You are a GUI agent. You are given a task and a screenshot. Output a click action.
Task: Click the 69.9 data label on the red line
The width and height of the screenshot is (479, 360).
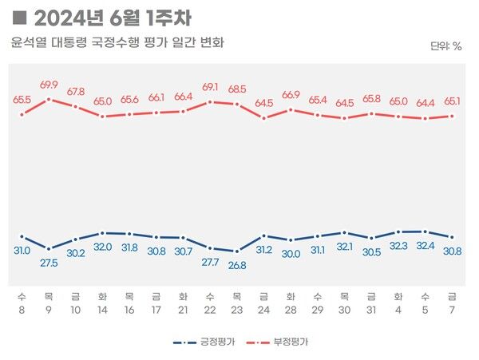pyautogui.click(x=49, y=85)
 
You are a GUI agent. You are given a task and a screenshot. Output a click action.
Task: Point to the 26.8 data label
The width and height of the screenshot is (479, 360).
pyautogui.click(x=236, y=265)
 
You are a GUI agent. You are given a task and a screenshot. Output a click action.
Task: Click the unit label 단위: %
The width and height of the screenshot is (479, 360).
pyautogui.click(x=445, y=46)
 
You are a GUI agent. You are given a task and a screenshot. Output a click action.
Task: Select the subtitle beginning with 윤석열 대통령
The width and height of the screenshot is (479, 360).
pyautogui.click(x=117, y=42)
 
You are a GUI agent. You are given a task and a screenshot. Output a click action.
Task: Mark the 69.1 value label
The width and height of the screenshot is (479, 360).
pyautogui.click(x=210, y=86)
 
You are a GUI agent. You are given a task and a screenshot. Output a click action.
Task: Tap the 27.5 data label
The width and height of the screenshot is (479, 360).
pyautogui.click(x=49, y=262)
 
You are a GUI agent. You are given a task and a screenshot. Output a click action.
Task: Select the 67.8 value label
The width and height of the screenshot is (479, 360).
pyautogui.click(x=76, y=91)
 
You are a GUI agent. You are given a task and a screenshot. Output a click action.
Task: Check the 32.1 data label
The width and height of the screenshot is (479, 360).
pyautogui.click(x=344, y=247)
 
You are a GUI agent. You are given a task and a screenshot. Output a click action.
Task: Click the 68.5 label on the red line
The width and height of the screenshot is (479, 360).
pyautogui.click(x=236, y=89)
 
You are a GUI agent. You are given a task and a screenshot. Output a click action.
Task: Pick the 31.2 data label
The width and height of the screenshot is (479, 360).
pyautogui.click(x=263, y=250)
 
